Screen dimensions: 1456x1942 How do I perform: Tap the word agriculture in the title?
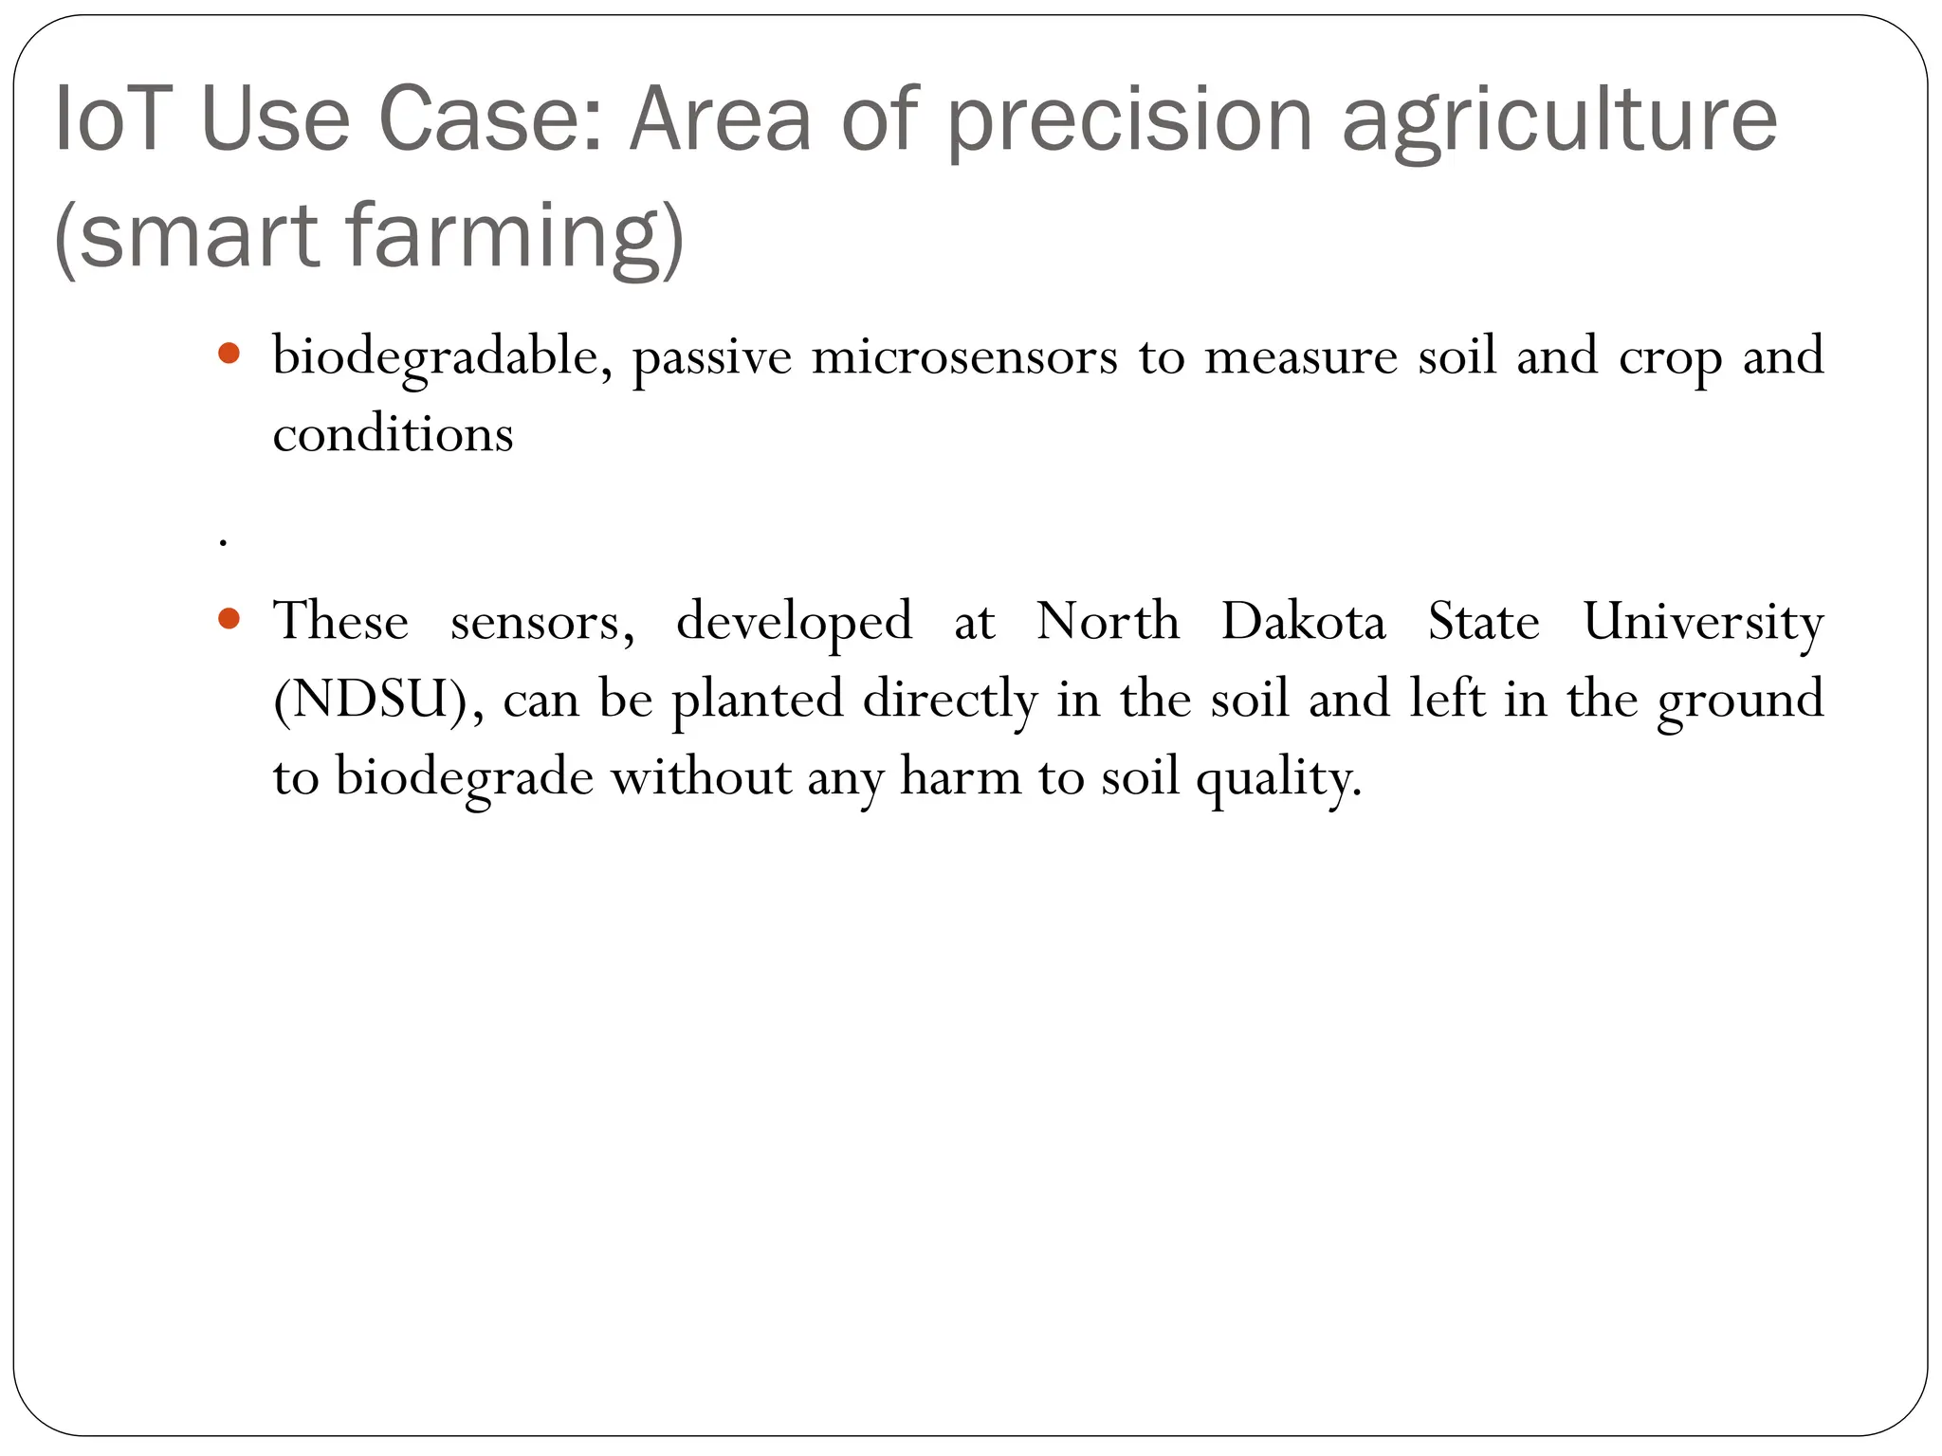[1560, 120]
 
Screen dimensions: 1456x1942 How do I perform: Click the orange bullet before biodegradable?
[229, 355]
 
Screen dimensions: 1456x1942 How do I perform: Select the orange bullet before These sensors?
[229, 620]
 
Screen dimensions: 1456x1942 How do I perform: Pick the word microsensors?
[964, 357]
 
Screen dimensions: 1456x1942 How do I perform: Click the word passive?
[711, 359]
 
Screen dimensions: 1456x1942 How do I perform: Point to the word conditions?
[393, 435]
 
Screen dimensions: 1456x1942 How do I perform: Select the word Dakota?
[1303, 622]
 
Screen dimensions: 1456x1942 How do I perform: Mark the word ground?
[1740, 701]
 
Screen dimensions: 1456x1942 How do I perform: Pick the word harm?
[960, 777]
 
